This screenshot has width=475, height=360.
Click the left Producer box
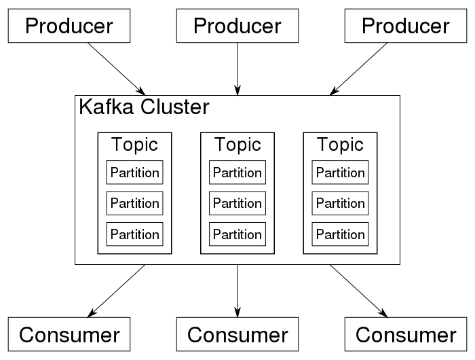(x=69, y=26)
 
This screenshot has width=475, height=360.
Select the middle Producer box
(x=237, y=26)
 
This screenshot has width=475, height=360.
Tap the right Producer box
(x=406, y=26)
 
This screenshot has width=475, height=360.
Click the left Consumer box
(x=69, y=334)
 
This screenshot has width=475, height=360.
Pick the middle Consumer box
(x=237, y=334)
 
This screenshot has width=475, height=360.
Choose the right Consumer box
(x=406, y=334)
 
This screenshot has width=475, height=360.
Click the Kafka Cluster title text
(x=144, y=107)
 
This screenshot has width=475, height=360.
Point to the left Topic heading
(x=134, y=145)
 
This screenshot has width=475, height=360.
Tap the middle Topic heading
(x=237, y=145)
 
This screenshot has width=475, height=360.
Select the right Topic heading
(x=340, y=145)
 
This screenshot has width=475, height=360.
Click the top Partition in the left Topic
(x=134, y=173)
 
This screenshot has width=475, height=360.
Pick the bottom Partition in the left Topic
(x=134, y=234)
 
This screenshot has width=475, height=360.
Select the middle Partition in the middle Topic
(x=237, y=203)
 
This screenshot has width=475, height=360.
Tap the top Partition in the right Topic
(x=340, y=173)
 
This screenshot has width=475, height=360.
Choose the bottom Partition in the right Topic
(x=340, y=234)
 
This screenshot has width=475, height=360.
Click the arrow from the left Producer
(x=117, y=69)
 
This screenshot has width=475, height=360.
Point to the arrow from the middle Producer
(x=237, y=69)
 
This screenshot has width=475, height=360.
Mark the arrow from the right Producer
(x=358, y=69)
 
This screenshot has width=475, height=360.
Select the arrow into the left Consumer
(x=116, y=291)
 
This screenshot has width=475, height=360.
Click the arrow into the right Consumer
(x=359, y=291)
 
